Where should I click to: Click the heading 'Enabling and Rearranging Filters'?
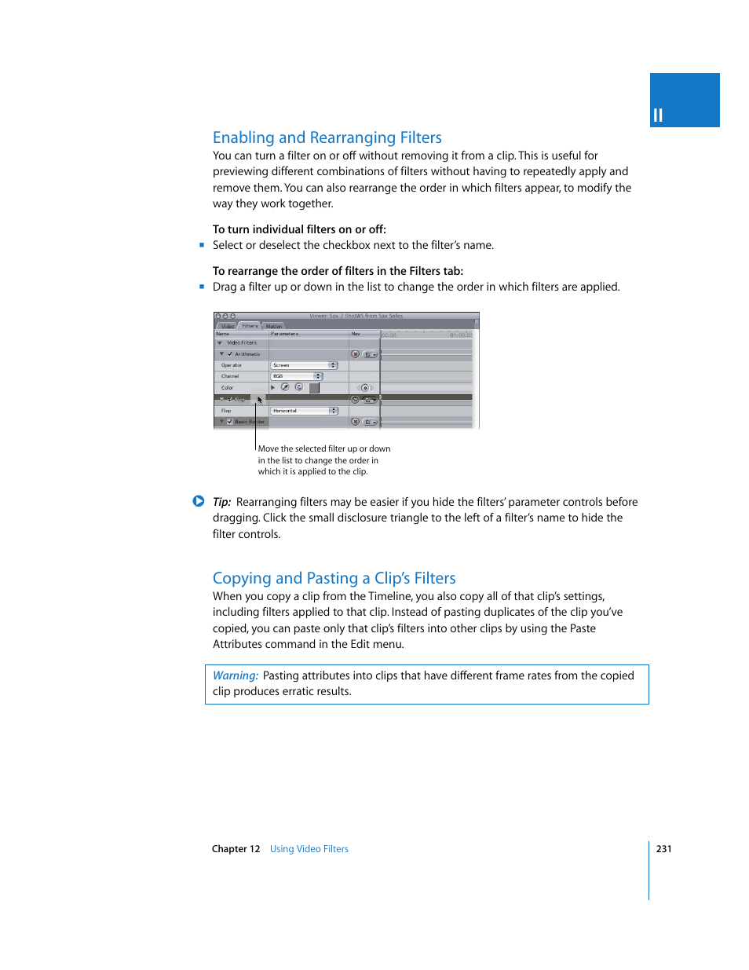(327, 137)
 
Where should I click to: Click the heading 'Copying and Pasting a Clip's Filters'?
(334, 578)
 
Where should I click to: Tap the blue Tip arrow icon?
(199, 501)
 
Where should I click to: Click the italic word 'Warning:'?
(236, 675)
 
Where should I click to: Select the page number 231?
(663, 849)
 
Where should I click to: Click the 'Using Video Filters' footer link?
(309, 849)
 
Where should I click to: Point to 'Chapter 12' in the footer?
(236, 849)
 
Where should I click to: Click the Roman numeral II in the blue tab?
(658, 115)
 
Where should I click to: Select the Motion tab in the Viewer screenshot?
(273, 326)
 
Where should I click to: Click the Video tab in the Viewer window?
(227, 326)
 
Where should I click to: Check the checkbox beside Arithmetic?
(230, 354)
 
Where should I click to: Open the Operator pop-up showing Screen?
(304, 365)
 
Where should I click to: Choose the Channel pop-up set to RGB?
(297, 376)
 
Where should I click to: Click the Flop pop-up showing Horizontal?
(304, 411)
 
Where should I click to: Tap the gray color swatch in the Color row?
(314, 388)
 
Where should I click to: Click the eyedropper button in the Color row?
(285, 387)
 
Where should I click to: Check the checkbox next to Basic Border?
(230, 422)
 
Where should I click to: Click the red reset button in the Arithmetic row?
(355, 354)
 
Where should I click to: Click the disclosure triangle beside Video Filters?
(220, 343)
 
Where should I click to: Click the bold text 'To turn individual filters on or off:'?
(299, 229)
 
